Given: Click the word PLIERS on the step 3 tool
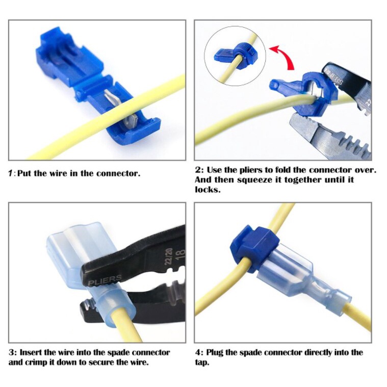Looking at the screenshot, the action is point(105,279).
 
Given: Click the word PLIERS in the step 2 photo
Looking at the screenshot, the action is point(333,76).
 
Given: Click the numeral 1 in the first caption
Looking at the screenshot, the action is point(10,173).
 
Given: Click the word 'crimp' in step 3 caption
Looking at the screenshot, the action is point(42,363).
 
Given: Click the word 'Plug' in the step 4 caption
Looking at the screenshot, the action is point(215,353).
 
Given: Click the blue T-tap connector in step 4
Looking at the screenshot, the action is point(254,248).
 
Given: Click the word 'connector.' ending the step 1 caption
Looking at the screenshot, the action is point(118,173).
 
